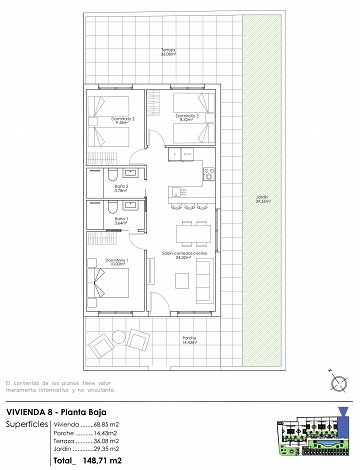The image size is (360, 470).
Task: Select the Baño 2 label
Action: (121, 186)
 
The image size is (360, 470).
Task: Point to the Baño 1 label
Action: (121, 220)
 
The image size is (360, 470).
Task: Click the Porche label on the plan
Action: (189, 339)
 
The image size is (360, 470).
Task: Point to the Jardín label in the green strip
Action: (261, 198)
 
